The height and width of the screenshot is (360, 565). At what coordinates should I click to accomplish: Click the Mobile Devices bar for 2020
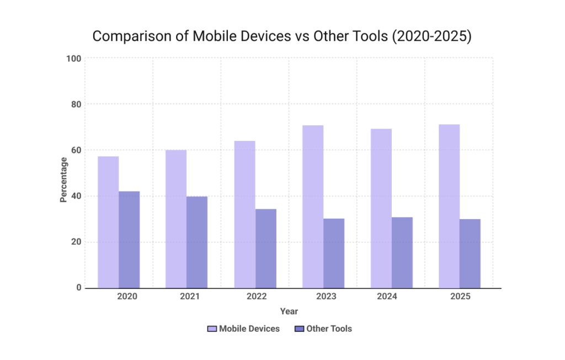coord(108,222)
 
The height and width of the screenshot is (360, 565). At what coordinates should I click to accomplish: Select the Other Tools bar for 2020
coord(129,240)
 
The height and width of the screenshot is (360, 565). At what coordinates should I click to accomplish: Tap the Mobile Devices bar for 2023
coord(313,207)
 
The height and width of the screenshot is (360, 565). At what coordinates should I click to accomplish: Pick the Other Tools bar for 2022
coord(265,248)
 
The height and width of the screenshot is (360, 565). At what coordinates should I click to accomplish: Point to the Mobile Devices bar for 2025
coord(449,206)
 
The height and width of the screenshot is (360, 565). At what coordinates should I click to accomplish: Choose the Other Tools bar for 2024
coord(402,252)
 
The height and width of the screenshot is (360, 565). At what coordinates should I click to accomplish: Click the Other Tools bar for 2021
coord(197,242)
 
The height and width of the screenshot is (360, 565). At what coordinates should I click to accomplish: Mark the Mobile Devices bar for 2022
coord(244,214)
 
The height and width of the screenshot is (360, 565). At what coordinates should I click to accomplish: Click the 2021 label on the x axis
coord(190,297)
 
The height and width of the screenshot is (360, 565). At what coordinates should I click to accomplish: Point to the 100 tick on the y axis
coord(73,59)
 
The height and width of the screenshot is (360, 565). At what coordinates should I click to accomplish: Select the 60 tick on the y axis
coord(76,150)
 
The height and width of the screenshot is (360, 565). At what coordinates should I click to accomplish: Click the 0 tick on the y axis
coord(78,288)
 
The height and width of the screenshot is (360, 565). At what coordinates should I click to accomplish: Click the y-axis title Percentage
coord(64,180)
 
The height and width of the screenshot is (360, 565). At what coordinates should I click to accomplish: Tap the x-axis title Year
coord(289,311)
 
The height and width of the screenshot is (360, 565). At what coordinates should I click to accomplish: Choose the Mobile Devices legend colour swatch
coord(212,329)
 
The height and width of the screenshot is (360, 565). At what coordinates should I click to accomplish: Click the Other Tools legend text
coord(329,329)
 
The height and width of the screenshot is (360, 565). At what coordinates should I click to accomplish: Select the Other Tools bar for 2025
coord(470,253)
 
